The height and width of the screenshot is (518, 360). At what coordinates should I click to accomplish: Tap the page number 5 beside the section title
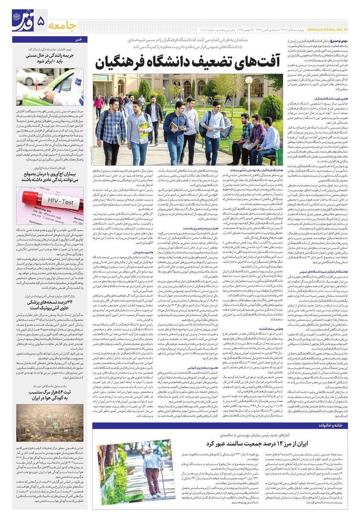coord(41,20)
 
